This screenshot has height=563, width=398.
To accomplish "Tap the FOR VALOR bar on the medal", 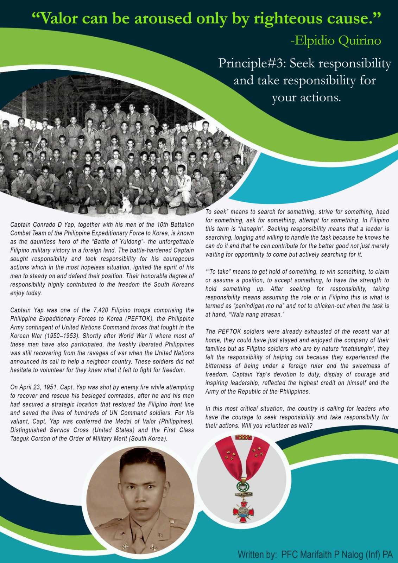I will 243,493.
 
